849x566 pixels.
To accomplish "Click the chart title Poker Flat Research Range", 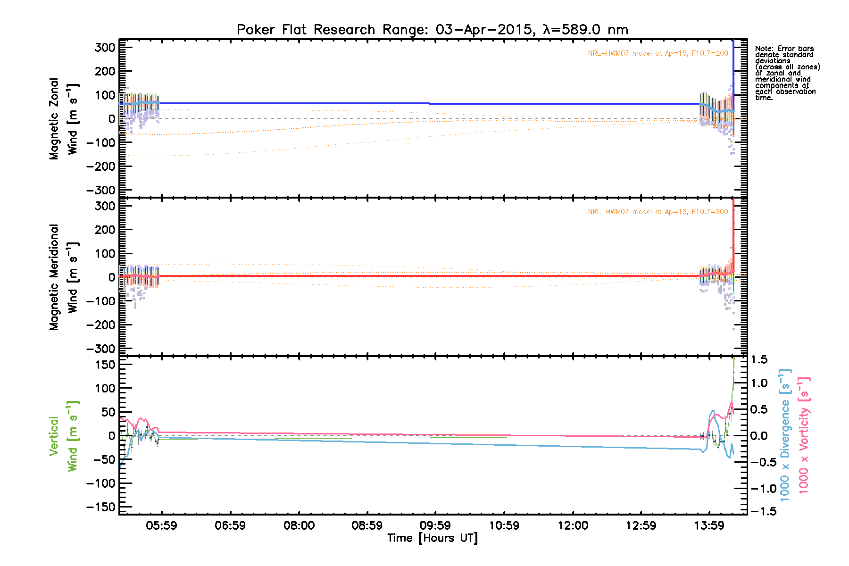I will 432,30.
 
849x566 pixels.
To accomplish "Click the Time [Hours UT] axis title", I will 432,538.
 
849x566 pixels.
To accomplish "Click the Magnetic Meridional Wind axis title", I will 63,277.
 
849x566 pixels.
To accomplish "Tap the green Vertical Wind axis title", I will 63,436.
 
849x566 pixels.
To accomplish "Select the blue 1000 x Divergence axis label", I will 785,435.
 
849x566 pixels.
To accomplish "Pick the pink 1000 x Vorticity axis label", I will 803,435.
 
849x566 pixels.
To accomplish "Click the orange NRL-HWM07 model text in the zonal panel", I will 658,53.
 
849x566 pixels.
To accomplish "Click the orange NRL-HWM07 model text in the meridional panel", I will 658,212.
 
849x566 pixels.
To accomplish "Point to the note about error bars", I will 787,73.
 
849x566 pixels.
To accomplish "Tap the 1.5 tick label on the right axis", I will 759,359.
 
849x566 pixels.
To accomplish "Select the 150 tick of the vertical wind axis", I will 105,365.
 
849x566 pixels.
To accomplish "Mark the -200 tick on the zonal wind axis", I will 101,166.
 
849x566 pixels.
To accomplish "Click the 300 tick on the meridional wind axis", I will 105,206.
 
